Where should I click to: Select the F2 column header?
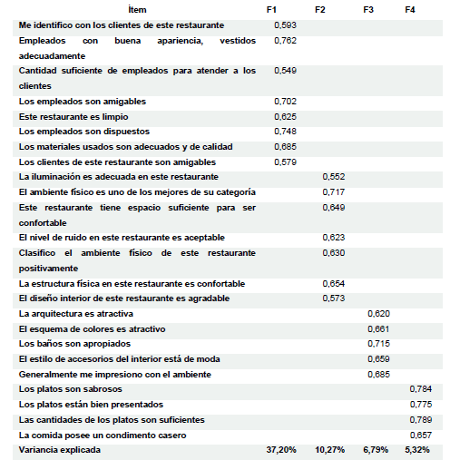(x=319, y=9)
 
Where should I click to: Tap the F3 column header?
(x=368, y=9)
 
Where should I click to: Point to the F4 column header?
(x=410, y=9)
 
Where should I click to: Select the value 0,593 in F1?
(x=285, y=24)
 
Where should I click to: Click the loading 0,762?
(x=285, y=40)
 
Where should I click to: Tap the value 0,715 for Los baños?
(x=378, y=344)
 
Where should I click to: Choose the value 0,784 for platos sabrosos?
(x=420, y=389)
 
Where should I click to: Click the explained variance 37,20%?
(x=280, y=449)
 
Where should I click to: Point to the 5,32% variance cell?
(x=417, y=449)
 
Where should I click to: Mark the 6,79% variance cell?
(x=375, y=449)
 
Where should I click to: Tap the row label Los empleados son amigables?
(x=83, y=101)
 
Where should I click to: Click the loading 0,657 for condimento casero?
(x=420, y=435)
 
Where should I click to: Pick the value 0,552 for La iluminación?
(x=334, y=177)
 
